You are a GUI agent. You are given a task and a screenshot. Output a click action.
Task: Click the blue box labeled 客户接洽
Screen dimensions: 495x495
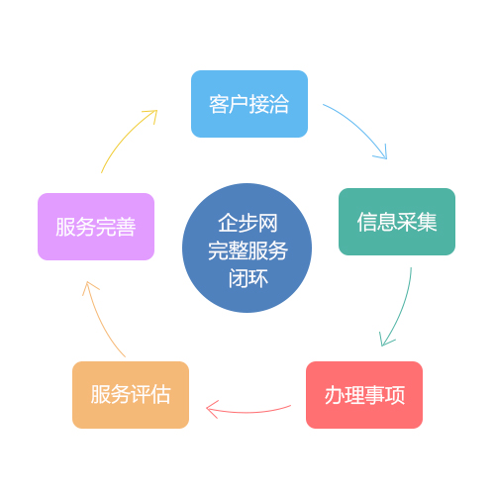click(x=249, y=104)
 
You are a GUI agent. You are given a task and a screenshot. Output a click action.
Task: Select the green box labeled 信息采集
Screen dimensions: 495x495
click(x=397, y=222)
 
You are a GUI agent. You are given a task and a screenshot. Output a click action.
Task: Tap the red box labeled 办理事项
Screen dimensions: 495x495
click(x=364, y=395)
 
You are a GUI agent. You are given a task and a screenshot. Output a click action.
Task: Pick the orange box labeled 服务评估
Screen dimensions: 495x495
click(x=131, y=395)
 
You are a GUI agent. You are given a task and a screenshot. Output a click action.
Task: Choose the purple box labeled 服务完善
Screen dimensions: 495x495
click(x=96, y=227)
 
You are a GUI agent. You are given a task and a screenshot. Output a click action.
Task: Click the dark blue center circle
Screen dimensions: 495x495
click(x=247, y=247)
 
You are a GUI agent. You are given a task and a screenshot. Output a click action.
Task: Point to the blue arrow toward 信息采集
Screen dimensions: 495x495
click(x=360, y=126)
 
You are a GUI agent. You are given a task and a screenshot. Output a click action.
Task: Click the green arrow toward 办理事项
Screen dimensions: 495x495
click(x=402, y=310)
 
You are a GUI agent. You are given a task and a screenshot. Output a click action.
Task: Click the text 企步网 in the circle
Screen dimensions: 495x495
click(x=247, y=223)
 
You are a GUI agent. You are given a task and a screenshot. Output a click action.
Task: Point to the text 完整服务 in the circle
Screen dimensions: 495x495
click(x=247, y=250)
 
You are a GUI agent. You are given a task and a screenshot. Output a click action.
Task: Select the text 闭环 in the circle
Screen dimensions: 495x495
click(x=248, y=278)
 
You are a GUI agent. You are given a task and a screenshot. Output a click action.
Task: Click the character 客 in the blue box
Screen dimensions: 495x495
click(x=219, y=104)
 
